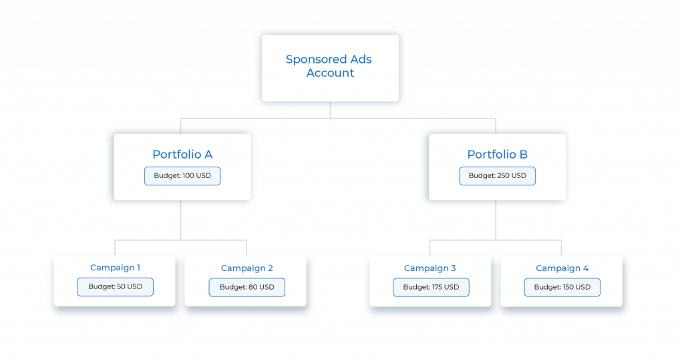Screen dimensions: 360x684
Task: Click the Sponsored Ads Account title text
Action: (329, 66)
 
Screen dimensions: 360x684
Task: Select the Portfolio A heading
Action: (182, 155)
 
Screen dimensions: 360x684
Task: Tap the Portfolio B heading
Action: (497, 155)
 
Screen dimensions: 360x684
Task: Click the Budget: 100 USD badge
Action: (182, 176)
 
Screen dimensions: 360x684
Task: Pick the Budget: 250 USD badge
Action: (497, 176)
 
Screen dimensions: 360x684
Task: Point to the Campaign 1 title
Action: (115, 268)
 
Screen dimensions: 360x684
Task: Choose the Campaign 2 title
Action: (246, 268)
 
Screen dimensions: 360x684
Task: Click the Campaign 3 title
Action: (430, 268)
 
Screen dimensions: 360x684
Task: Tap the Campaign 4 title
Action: (562, 268)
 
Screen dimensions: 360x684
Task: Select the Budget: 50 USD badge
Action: (115, 287)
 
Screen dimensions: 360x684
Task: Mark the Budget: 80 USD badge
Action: (246, 288)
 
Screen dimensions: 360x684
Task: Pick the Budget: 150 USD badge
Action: (562, 288)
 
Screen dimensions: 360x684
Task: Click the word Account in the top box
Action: (330, 73)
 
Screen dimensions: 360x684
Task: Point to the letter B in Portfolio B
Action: (523, 155)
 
